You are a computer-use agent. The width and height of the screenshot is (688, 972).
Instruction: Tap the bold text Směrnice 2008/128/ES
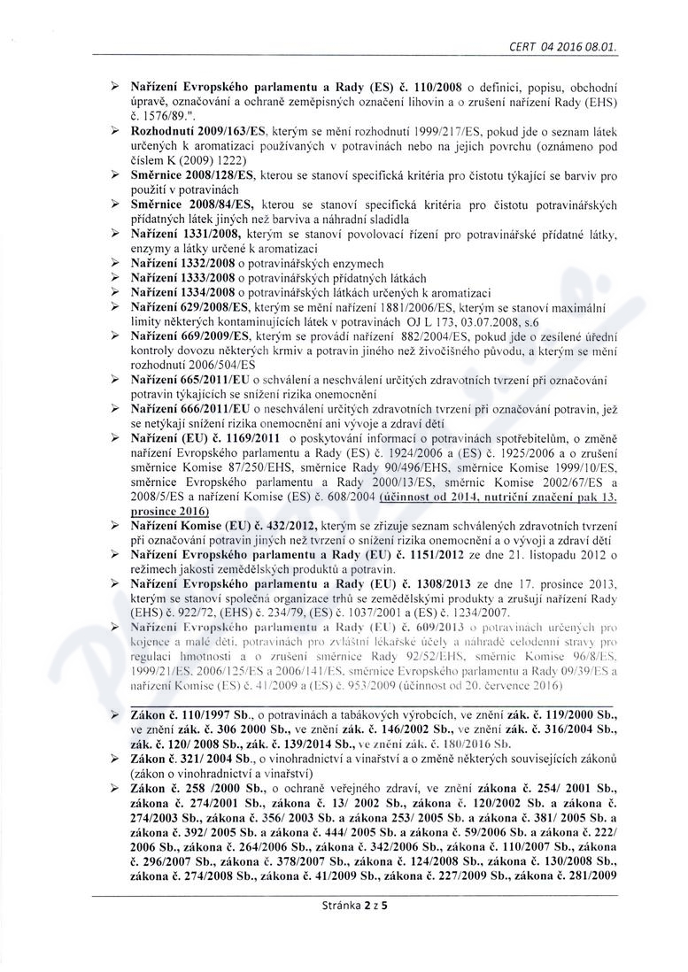pos(190,178)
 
